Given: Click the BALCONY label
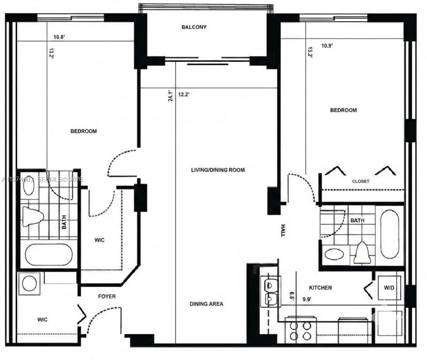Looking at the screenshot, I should (194, 27).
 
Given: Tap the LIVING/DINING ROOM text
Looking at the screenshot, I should (218, 170).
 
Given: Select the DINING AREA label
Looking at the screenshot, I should (206, 304).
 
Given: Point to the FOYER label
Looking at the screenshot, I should (107, 296).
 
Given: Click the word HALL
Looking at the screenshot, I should (283, 230).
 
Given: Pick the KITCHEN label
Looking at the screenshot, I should (320, 288).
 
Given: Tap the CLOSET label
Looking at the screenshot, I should (360, 182).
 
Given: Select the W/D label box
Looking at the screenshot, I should (389, 287).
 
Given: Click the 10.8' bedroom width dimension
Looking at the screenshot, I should (59, 37).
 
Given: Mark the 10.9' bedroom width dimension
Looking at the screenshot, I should (327, 46).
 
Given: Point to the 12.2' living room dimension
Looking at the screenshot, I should (184, 94).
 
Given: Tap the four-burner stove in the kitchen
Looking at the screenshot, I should (300, 331).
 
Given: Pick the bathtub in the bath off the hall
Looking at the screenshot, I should (389, 234).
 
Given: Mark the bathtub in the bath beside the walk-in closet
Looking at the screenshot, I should (48, 254).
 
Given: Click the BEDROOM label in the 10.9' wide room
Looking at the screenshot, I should (343, 110).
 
